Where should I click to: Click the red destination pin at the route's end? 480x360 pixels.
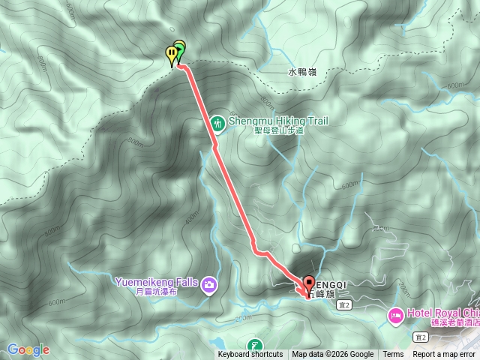point(308,284)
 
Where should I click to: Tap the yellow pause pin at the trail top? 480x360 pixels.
point(172,53)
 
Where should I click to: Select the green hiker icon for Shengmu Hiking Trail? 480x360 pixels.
point(217,121)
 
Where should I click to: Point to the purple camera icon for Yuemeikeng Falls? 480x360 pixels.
point(209,283)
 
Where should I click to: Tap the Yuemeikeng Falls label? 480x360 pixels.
point(157,282)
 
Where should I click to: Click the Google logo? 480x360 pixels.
point(28,349)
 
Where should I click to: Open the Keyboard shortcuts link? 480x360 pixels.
point(250,355)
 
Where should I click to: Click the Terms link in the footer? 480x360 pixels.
point(393,355)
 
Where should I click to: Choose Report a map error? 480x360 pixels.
point(445,355)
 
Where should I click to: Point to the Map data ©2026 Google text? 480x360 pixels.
point(333,355)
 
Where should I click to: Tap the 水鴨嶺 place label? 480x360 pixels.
point(302,73)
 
